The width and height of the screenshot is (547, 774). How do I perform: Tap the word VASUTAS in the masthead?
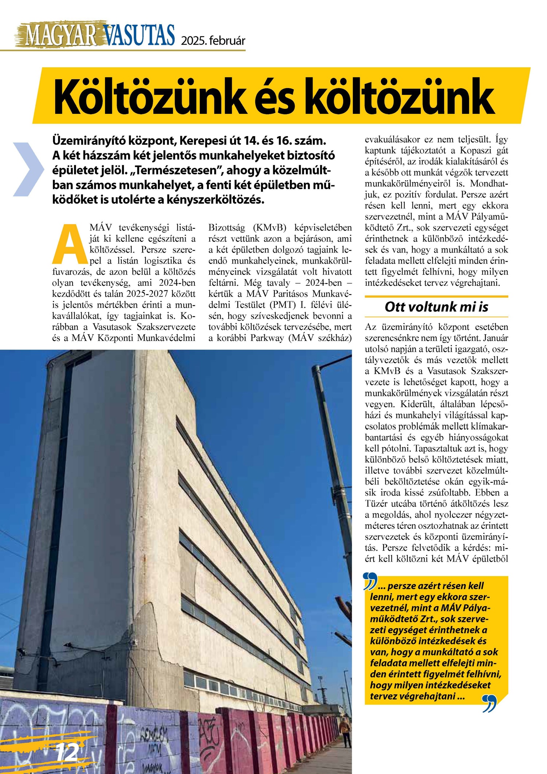click(x=139, y=36)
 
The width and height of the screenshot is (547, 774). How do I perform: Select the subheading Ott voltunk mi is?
click(x=436, y=307)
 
